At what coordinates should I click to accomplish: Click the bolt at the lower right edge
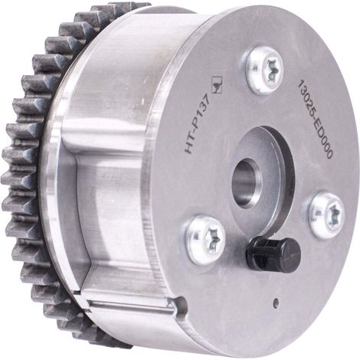click(327, 216)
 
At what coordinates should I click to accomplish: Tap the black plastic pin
click(273, 251)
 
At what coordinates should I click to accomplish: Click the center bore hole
click(246, 182)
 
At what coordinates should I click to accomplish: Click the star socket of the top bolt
click(271, 70)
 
